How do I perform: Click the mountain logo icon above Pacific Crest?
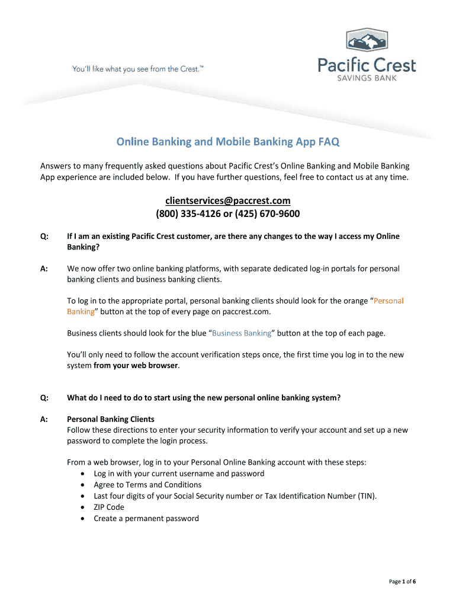[x=367, y=39]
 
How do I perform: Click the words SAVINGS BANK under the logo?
[x=367, y=78]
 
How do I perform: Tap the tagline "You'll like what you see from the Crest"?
[x=138, y=69]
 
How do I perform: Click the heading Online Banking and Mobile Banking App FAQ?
[x=228, y=142]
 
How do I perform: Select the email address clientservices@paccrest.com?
[x=228, y=201]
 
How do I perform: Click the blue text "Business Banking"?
[x=241, y=333]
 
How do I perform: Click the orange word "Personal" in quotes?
[x=388, y=301]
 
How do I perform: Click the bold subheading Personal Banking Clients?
[x=110, y=419]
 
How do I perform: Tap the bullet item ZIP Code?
[x=109, y=507]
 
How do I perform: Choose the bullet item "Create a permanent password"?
[x=146, y=518]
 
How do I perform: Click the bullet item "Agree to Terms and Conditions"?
[x=147, y=484]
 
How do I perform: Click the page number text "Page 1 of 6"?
[x=402, y=582]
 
